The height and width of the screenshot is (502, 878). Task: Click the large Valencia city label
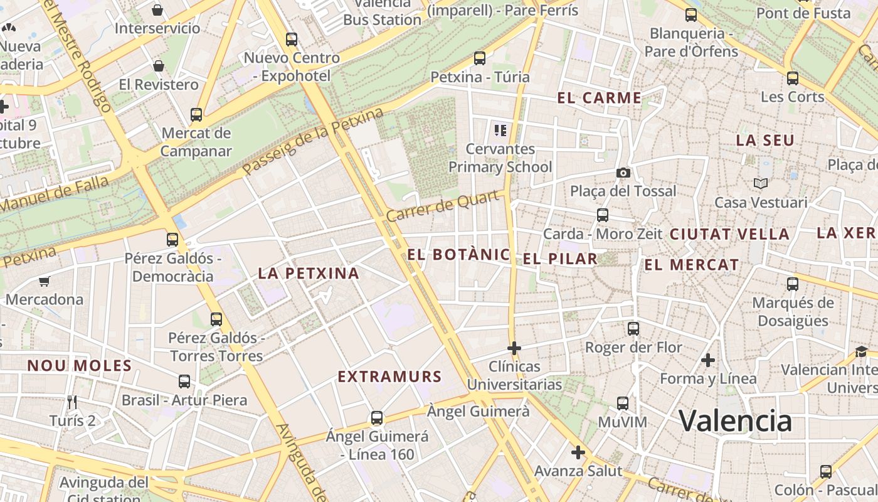(x=735, y=421)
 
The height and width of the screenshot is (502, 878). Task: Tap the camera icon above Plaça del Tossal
(x=623, y=173)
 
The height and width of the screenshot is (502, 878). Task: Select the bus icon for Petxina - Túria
(x=480, y=58)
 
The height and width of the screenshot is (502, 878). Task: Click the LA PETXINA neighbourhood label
(x=309, y=273)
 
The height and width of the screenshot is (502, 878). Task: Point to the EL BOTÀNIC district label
(x=458, y=255)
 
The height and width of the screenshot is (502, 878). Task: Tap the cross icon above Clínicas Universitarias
(x=514, y=348)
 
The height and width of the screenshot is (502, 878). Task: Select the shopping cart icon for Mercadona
(x=44, y=281)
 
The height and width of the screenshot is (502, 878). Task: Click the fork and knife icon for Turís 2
(x=72, y=401)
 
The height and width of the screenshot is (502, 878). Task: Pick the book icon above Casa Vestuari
(x=761, y=184)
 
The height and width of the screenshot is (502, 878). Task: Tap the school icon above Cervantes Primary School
(x=500, y=131)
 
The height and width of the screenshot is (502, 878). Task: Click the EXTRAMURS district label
(x=389, y=376)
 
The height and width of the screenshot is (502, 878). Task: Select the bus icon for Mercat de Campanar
(x=196, y=115)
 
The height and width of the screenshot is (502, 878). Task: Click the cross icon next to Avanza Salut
(x=578, y=452)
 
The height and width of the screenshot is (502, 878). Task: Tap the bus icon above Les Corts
(x=793, y=78)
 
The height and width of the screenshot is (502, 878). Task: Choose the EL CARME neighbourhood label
(x=599, y=98)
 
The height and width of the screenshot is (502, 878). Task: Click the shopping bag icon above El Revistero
(x=159, y=66)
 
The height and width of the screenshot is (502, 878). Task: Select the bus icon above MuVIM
(x=622, y=403)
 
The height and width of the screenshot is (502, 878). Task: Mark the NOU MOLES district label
(x=79, y=366)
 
